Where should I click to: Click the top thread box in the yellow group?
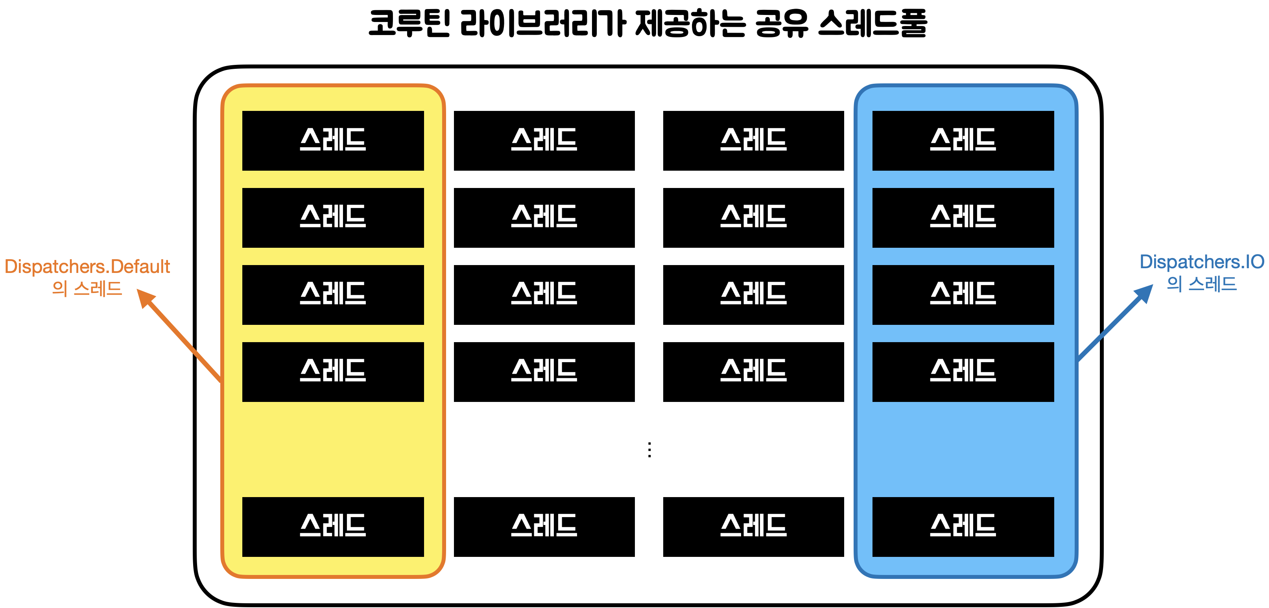[x=333, y=140]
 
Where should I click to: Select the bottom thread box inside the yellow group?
[x=333, y=527]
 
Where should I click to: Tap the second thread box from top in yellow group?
[x=333, y=217]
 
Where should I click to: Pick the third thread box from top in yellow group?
[x=333, y=295]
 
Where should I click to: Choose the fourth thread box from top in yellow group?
[x=333, y=372]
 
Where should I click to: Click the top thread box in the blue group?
[x=963, y=140]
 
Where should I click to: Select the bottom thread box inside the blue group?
[x=963, y=527]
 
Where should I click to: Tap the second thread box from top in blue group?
[x=963, y=217]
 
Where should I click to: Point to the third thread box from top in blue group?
[x=963, y=295]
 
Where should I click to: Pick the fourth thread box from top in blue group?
[x=963, y=372]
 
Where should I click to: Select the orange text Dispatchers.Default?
[x=87, y=267]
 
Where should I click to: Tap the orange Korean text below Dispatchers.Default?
[x=87, y=288]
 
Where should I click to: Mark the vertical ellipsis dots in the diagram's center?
[x=650, y=450]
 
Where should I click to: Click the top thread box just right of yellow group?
[x=544, y=140]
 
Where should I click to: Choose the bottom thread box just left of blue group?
[x=753, y=527]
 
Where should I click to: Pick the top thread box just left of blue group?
[x=753, y=140]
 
